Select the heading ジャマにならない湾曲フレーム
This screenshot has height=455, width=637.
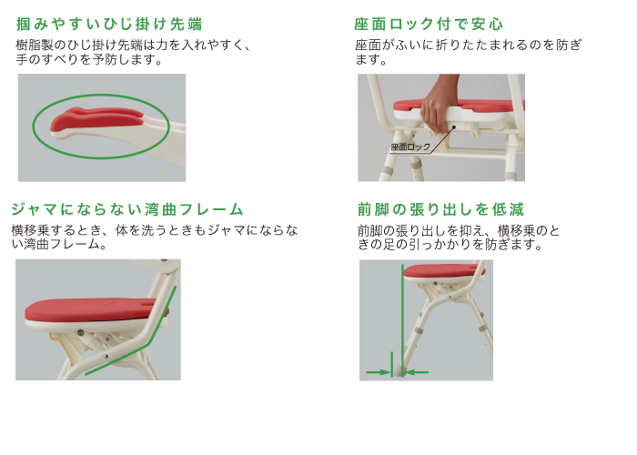tap(127, 208)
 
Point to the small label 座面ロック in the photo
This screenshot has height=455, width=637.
tap(409, 146)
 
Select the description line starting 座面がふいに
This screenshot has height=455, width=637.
tap(468, 45)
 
